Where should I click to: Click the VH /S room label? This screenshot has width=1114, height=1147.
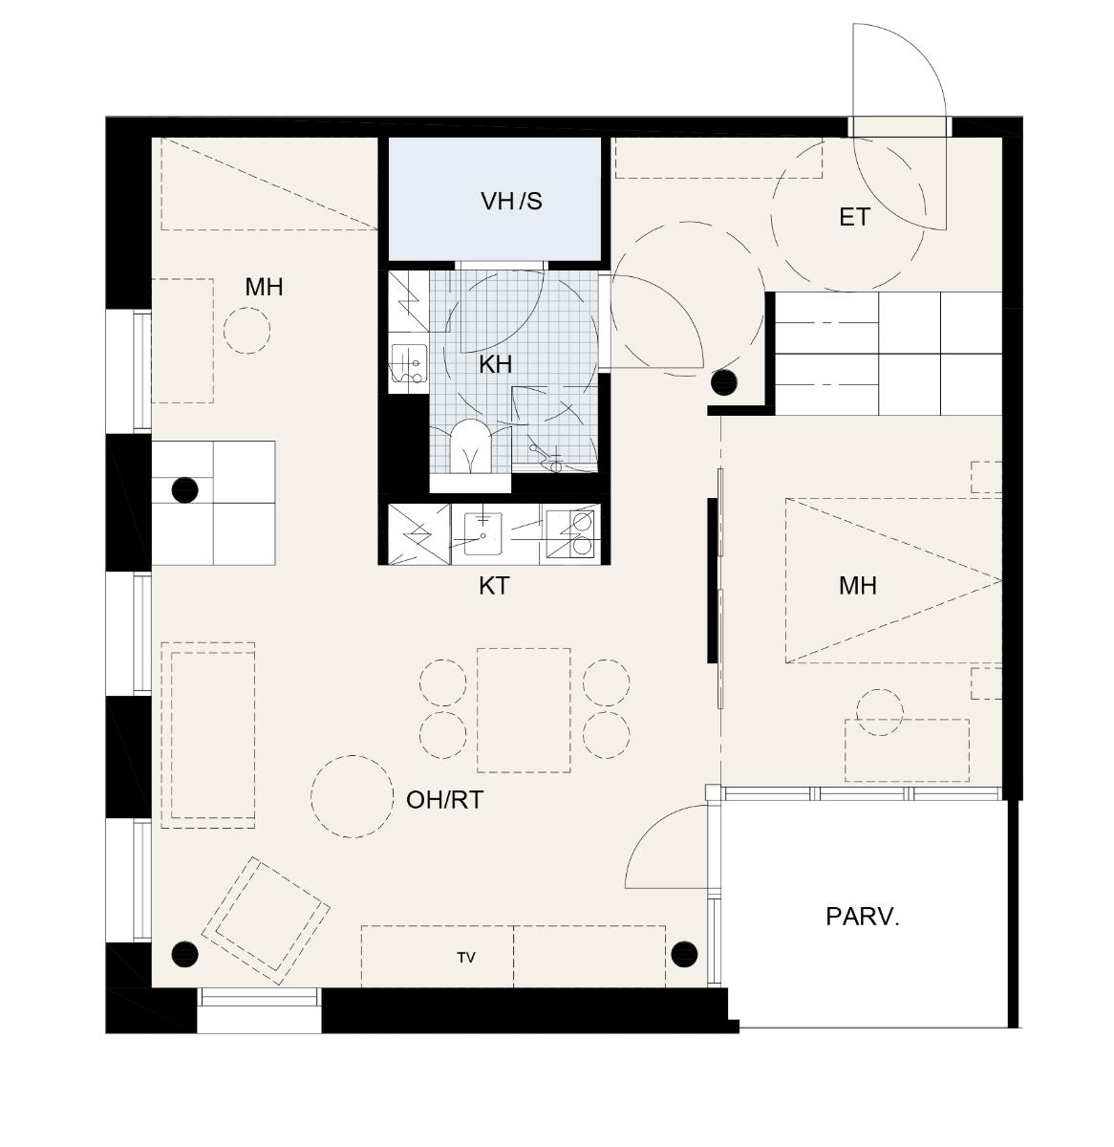[x=511, y=202]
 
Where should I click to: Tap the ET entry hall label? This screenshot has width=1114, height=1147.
[x=854, y=217]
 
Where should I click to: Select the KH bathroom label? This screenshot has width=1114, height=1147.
[x=495, y=364]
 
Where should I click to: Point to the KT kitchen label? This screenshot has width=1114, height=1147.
[x=494, y=586]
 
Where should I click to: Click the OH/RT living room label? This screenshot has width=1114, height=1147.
[x=445, y=800]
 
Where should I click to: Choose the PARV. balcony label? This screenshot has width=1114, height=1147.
[x=863, y=917]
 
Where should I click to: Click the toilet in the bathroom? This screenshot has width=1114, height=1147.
[x=470, y=445]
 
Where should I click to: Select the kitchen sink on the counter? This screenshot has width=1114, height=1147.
[x=482, y=533]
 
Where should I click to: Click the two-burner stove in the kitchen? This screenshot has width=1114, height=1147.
[x=569, y=533]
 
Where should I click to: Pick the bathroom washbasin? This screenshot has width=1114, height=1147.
[x=408, y=364]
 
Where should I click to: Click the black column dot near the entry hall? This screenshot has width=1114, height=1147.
[x=724, y=382]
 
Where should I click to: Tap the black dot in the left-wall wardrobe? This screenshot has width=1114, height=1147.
[x=184, y=489]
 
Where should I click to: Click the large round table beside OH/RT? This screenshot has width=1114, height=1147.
[x=352, y=796]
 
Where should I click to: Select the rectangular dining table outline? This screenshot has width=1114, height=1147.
[x=524, y=709]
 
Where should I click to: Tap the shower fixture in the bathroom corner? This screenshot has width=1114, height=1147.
[x=549, y=457]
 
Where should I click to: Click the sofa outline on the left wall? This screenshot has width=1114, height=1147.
[x=207, y=735]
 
